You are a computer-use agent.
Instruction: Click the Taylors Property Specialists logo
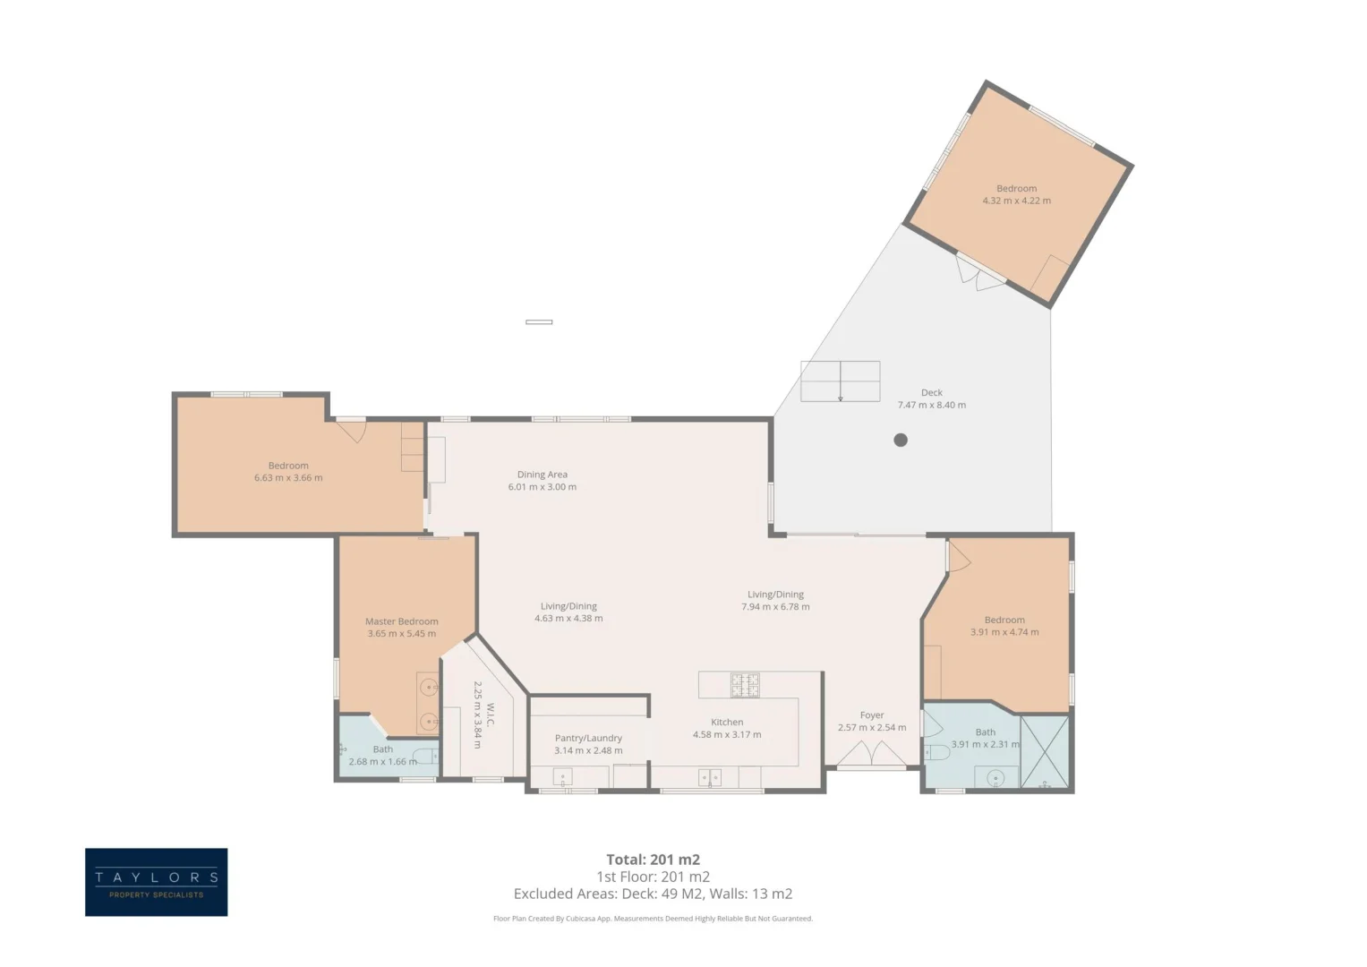tap(157, 882)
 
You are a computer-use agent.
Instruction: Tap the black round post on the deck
tap(901, 440)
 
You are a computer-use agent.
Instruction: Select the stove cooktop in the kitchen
tap(745, 685)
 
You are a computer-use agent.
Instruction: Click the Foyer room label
tap(871, 715)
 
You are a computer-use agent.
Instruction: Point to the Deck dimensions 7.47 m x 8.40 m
tap(931, 405)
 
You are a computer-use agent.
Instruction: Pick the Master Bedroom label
tap(402, 621)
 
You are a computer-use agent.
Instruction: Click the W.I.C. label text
tap(490, 715)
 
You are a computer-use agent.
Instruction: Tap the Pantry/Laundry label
tap(588, 738)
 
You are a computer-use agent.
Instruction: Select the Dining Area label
tap(542, 475)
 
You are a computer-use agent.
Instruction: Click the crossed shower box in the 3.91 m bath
tap(1045, 751)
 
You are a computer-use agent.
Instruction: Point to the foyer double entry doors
tap(871, 754)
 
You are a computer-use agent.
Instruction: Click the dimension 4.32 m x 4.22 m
tap(1016, 201)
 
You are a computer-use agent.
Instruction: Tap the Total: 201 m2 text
tap(653, 860)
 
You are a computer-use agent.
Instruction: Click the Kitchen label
tap(727, 723)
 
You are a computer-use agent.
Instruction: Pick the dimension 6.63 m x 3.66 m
tap(288, 478)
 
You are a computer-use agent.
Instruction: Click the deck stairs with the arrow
tap(841, 381)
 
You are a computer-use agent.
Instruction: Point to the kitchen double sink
tap(709, 778)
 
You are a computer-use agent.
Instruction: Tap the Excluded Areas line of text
tap(653, 894)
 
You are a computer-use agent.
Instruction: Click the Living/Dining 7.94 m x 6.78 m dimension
tap(775, 607)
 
